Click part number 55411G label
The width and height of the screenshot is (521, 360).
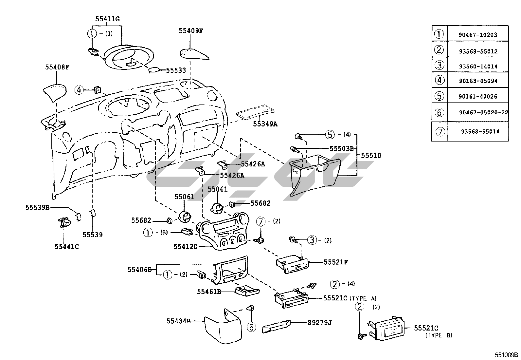click(x=107, y=19)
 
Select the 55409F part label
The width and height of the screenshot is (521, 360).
click(x=191, y=31)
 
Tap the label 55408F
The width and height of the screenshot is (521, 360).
click(x=57, y=67)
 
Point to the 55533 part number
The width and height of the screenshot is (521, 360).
click(x=176, y=70)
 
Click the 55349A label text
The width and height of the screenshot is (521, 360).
click(x=265, y=124)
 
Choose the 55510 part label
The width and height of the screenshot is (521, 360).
click(x=371, y=155)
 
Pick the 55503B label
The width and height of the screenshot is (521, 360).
click(x=342, y=148)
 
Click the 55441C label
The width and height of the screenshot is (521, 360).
click(x=67, y=246)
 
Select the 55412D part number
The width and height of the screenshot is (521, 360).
click(x=186, y=246)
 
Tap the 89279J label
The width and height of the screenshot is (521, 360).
click(x=319, y=323)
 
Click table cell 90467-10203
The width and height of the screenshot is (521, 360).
click(x=478, y=35)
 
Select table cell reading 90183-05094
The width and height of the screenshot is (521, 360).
click(x=478, y=81)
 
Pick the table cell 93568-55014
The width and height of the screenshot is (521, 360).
click(x=480, y=131)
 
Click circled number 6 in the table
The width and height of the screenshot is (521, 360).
click(x=439, y=112)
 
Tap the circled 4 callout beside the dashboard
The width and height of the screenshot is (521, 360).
click(x=79, y=89)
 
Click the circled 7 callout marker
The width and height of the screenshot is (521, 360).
click(x=261, y=221)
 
